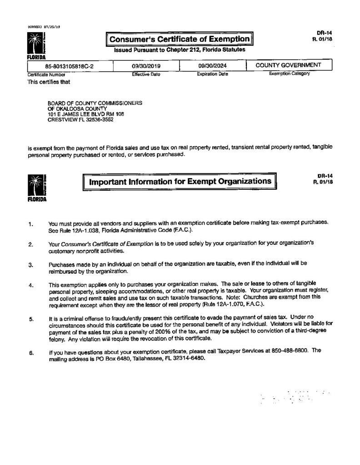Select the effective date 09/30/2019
[x=146, y=66]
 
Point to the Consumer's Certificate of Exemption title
[x=180, y=39]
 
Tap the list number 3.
[x=30, y=264]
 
